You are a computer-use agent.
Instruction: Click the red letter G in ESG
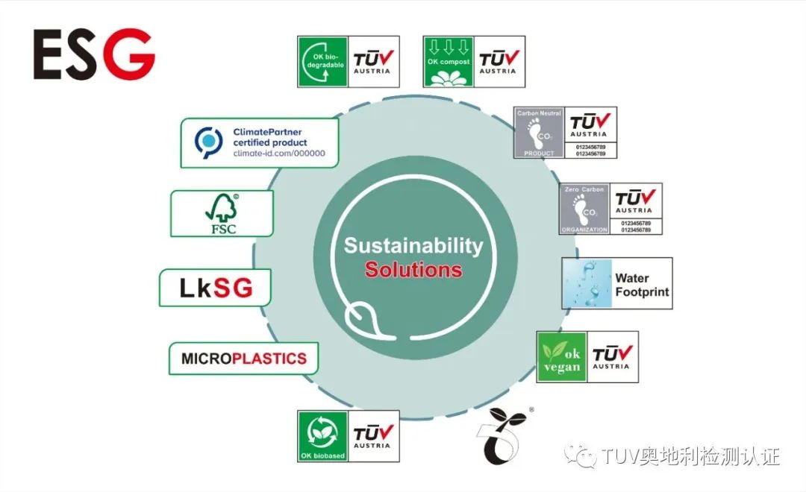point(128,54)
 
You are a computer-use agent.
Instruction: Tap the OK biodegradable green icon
point(322,62)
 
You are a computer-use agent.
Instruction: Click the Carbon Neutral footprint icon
point(539,133)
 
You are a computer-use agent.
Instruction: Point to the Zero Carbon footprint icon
point(584,209)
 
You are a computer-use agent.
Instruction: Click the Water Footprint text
point(641,286)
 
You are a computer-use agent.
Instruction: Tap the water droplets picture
point(587,284)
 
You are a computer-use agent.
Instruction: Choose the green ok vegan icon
point(562,357)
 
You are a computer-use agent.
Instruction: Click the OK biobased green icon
point(322,436)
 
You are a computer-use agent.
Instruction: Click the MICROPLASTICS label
point(243,359)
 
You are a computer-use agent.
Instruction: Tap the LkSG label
point(215,288)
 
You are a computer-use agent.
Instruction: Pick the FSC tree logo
point(221,213)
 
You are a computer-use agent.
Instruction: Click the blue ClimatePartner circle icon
point(209,142)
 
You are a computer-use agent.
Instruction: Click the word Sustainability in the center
point(413,246)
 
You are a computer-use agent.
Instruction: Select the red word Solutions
point(413,269)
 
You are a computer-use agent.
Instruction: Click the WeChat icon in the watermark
point(579,455)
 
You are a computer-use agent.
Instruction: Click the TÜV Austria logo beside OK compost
point(497,62)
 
